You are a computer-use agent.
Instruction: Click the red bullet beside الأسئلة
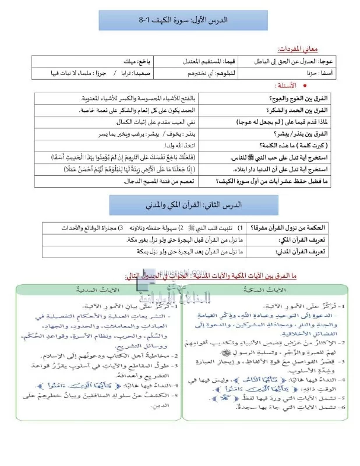(x=305, y=86)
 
